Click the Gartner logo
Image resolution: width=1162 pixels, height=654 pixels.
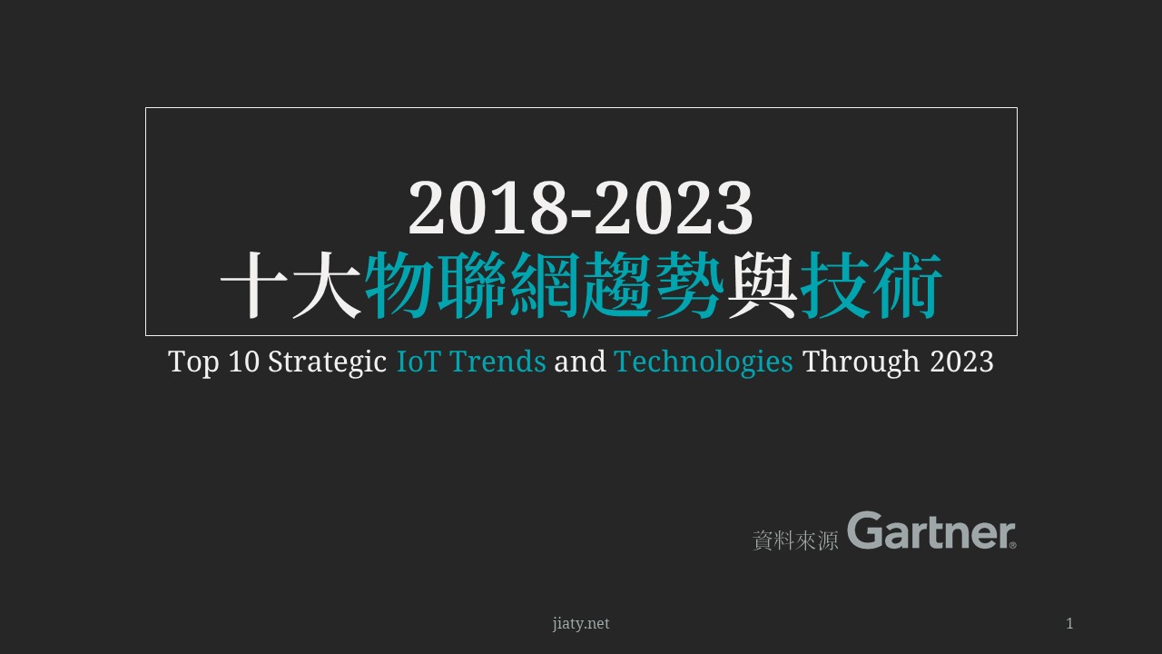click(x=931, y=530)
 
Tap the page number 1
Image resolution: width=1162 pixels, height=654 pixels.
click(x=1069, y=623)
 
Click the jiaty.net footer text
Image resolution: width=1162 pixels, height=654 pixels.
click(x=581, y=623)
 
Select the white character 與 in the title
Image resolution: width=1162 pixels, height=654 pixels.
click(x=762, y=284)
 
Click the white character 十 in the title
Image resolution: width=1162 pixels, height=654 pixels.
click(x=254, y=284)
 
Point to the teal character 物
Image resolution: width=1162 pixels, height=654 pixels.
click(x=399, y=284)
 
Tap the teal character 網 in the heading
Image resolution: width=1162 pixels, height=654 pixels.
click(x=544, y=284)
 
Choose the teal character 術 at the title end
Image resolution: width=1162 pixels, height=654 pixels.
click(x=907, y=284)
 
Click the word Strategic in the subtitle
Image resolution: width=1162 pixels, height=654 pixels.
click(x=328, y=362)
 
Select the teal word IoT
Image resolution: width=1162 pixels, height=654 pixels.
click(x=419, y=362)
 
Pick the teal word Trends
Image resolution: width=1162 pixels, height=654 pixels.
click(x=498, y=362)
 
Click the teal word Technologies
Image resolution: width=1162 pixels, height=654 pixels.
click(x=704, y=362)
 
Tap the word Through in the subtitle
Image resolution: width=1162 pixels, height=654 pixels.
click(x=862, y=362)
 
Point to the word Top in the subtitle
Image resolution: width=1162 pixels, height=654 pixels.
click(x=193, y=362)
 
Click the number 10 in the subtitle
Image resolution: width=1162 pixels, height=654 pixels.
click(x=244, y=362)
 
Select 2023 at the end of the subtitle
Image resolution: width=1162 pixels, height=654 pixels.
click(x=961, y=362)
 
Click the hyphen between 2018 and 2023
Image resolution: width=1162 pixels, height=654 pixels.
click(x=580, y=213)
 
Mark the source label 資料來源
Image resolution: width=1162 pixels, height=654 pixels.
click(x=795, y=540)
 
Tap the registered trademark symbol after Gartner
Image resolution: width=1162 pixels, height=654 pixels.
click(x=1012, y=545)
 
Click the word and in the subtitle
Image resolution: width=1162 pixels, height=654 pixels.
click(x=580, y=362)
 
